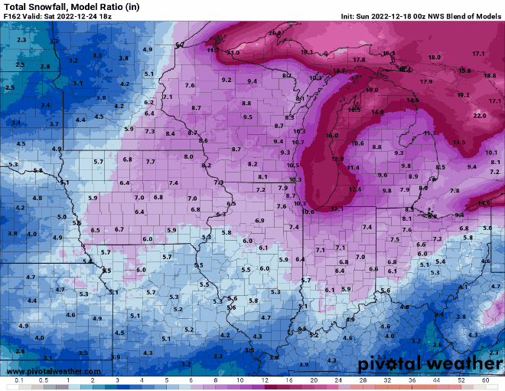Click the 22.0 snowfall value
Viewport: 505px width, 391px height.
[480, 115]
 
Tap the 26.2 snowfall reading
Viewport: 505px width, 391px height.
[274, 33]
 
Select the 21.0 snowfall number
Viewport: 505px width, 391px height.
[233, 52]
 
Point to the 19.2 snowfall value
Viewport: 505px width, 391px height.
[463, 95]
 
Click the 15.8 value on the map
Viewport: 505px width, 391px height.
[464, 71]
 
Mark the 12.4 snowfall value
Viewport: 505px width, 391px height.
[355, 189]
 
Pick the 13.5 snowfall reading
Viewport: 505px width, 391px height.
[458, 143]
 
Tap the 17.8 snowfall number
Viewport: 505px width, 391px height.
[360, 59]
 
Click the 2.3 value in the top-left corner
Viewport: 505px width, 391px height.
[21, 39]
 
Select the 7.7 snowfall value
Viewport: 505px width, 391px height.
[150, 162]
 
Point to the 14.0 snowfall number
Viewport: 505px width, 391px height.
[377, 112]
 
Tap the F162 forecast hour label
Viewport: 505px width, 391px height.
[12, 16]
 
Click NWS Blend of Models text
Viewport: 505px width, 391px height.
[468, 16]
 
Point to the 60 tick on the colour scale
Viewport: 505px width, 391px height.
[485, 380]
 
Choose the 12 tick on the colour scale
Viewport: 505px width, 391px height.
[265, 380]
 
